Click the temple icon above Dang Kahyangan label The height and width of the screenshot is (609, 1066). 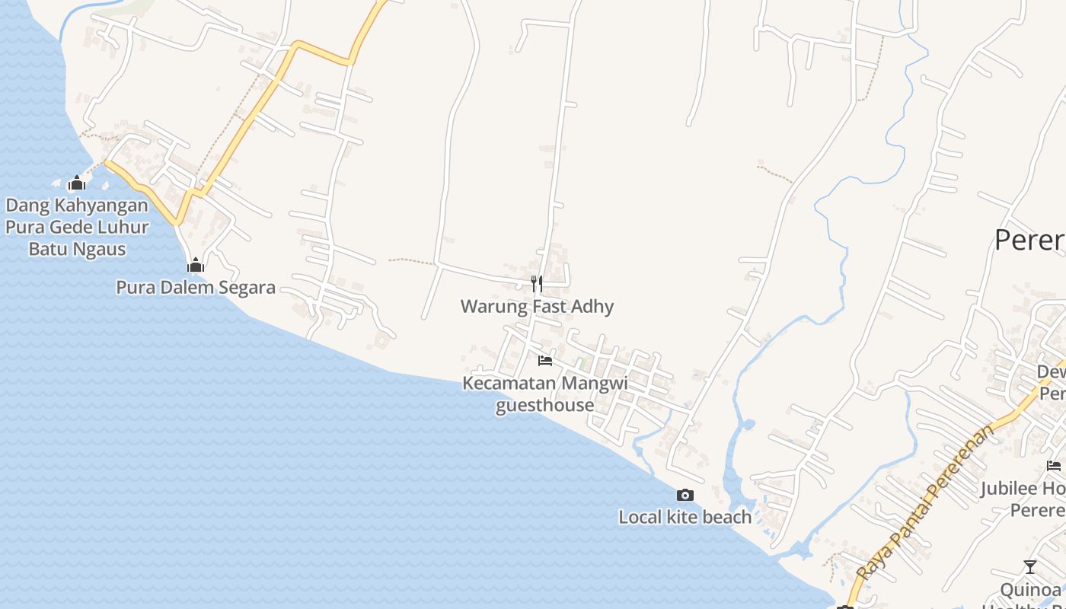[76, 183]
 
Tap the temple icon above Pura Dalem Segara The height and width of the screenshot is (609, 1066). [196, 265]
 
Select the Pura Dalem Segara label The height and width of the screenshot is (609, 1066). [196, 288]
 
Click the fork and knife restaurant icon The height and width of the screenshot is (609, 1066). [537, 284]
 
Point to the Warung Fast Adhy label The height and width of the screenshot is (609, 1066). [537, 307]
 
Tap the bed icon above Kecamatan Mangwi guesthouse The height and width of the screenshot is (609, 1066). [545, 361]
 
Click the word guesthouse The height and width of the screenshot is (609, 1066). [545, 405]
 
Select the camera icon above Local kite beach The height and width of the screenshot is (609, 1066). [685, 496]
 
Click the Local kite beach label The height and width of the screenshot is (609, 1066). [685, 518]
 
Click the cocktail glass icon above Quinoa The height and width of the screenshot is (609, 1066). [1029, 567]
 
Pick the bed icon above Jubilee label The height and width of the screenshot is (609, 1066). [1054, 466]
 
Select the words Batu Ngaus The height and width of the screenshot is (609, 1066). [77, 249]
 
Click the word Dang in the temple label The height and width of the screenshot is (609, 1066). [24, 206]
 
